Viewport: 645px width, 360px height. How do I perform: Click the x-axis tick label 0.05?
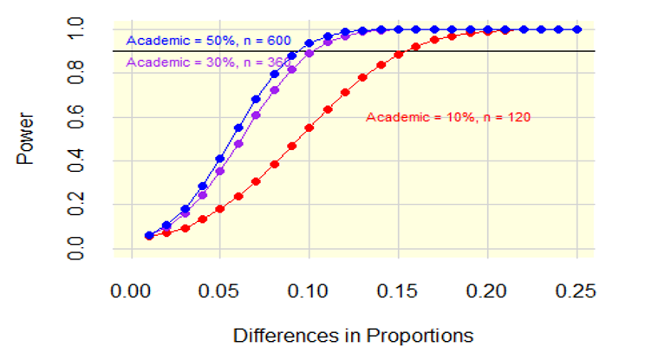(219, 291)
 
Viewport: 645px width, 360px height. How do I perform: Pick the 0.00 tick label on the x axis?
(130, 291)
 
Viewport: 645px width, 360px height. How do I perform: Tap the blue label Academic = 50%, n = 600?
(208, 41)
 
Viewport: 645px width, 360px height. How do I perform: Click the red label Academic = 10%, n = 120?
(448, 117)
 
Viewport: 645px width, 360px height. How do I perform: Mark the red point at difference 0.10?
(309, 127)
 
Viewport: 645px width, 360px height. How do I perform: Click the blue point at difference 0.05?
(220, 159)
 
